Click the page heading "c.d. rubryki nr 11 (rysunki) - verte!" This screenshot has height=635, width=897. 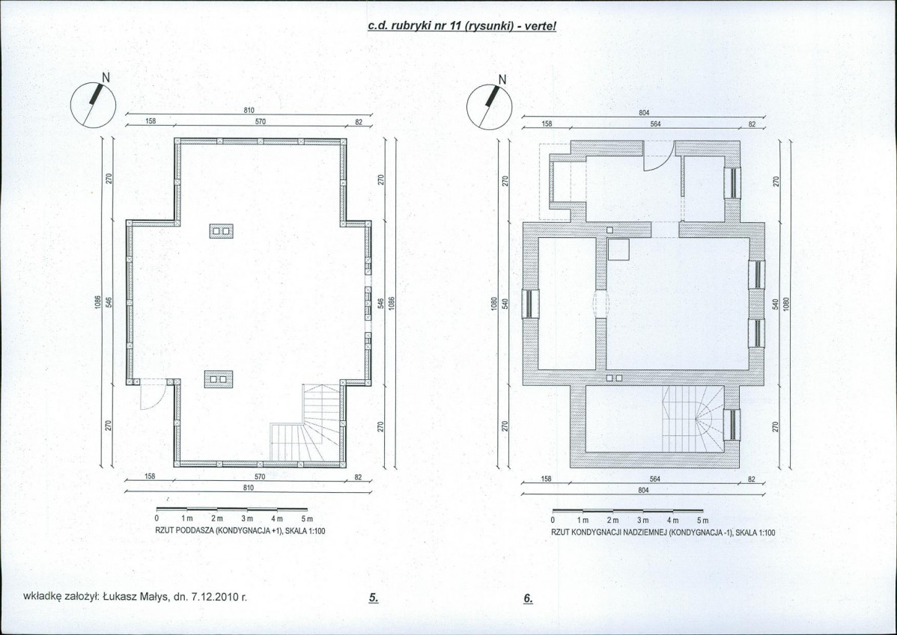462,27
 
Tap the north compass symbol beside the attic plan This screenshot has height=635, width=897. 94,104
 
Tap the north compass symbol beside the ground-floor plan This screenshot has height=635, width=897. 490,105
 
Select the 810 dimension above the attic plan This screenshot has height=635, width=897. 249,110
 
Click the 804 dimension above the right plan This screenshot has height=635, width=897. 643,113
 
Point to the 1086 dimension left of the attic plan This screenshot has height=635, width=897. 98,303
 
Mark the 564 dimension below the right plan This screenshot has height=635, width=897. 656,479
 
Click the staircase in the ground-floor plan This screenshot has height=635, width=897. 693,418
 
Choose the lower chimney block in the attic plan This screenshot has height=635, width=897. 218,378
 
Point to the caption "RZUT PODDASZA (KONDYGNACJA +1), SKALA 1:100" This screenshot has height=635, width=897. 240,531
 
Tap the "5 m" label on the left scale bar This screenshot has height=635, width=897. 307,519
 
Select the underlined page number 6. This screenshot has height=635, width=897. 528,598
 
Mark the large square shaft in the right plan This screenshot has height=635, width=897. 618,250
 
